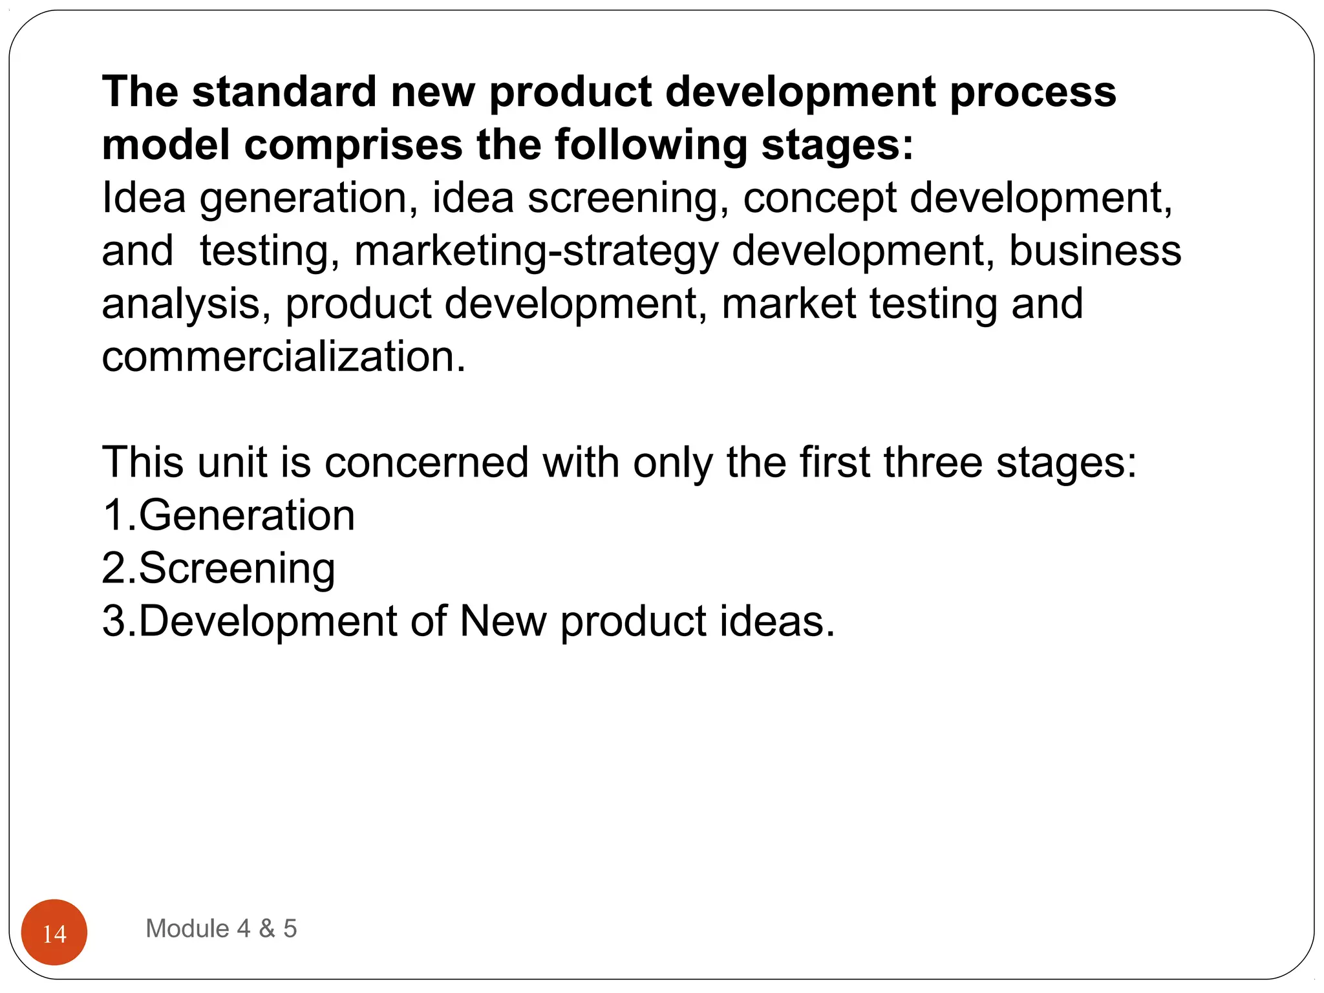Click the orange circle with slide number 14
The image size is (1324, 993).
click(x=54, y=932)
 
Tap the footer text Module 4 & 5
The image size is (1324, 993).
click(x=221, y=928)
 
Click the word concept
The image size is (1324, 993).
click(x=819, y=198)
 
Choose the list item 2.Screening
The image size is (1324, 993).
click(x=219, y=569)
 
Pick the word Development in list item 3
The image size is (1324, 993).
click(x=268, y=621)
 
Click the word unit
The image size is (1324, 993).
click(x=232, y=462)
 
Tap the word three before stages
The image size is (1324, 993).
click(x=933, y=462)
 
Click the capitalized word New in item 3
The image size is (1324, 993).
click(x=503, y=621)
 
